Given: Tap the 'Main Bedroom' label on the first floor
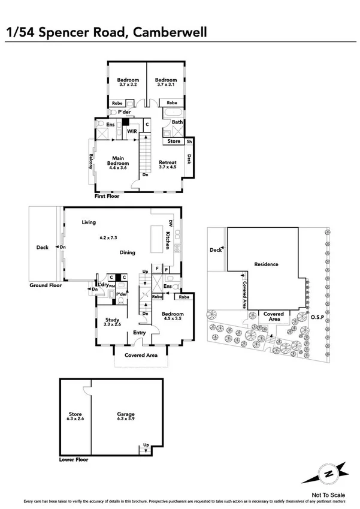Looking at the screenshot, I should [x=118, y=160].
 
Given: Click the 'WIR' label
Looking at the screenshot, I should [x=132, y=130].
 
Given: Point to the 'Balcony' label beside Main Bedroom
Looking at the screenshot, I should [x=91, y=161].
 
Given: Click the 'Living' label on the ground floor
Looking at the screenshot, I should [x=89, y=223].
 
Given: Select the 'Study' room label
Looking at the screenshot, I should [x=112, y=320].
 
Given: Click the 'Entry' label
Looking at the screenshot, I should [x=140, y=333].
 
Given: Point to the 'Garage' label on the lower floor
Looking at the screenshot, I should [x=125, y=414].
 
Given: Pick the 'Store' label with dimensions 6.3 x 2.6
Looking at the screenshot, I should [x=75, y=414].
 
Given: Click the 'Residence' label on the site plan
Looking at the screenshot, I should [x=267, y=264].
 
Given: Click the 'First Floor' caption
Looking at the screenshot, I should [x=107, y=196].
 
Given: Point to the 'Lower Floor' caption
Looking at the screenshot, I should [x=74, y=460].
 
